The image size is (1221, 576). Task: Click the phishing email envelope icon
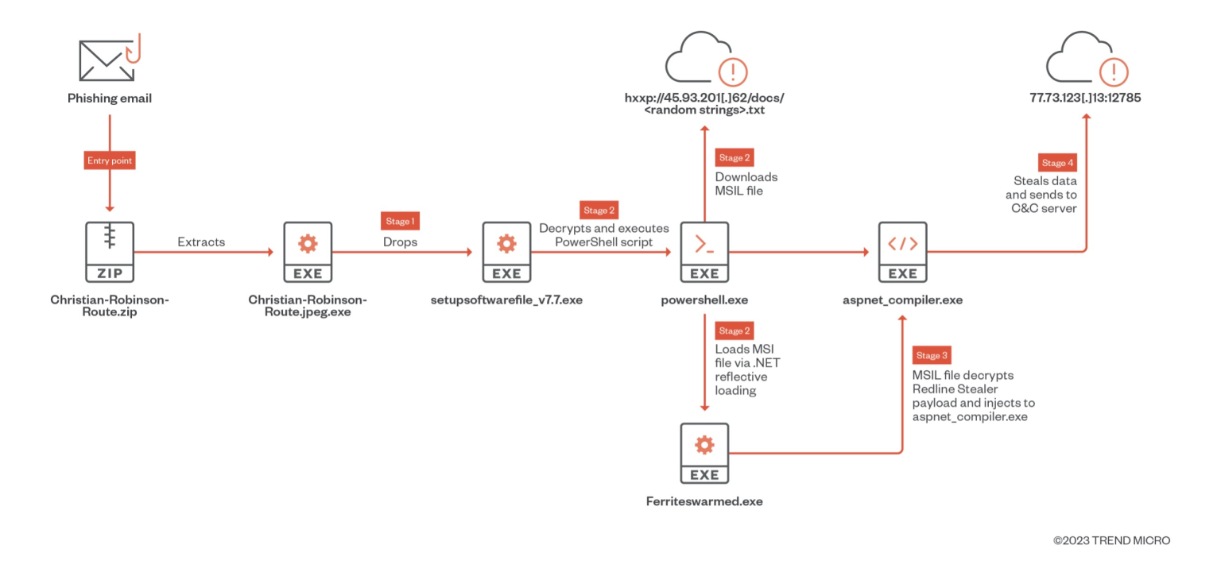(x=107, y=60)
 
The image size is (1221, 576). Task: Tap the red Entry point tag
(x=110, y=160)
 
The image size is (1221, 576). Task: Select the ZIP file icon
(x=110, y=253)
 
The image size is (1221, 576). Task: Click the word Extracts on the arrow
(x=201, y=242)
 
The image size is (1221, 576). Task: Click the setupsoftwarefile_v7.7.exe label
(x=506, y=300)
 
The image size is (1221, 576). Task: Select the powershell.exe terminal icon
(x=704, y=253)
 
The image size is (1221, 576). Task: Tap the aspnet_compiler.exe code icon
(x=902, y=253)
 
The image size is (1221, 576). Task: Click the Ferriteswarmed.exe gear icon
(x=704, y=454)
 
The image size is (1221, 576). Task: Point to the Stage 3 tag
(x=932, y=355)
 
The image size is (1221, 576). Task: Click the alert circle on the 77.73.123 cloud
(x=1113, y=72)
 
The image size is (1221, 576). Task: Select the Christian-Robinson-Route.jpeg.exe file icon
(x=308, y=253)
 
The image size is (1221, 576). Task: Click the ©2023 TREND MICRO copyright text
(x=1111, y=541)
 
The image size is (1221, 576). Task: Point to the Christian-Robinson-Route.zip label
(x=110, y=307)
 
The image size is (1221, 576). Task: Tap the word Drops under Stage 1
(x=400, y=242)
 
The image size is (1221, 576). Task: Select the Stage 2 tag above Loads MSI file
(x=735, y=331)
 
